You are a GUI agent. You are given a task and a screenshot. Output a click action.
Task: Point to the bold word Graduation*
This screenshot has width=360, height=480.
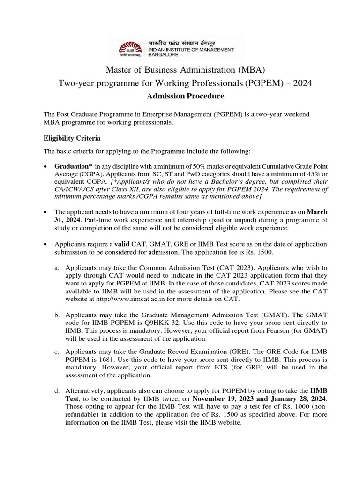click(x=74, y=166)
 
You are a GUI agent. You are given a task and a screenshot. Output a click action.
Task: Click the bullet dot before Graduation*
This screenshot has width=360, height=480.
click(x=45, y=167)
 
